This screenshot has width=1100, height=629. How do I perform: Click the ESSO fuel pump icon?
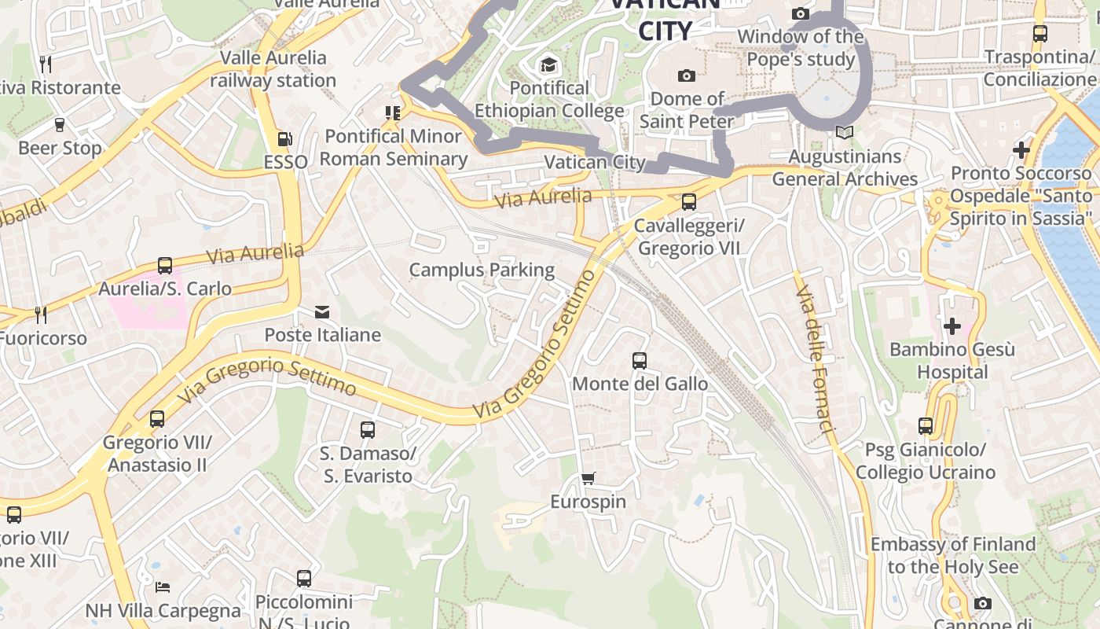(284, 140)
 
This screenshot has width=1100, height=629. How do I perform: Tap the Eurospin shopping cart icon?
(588, 478)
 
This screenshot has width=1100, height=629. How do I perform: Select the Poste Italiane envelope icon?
(322, 312)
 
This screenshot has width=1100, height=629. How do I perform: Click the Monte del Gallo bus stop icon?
(640, 361)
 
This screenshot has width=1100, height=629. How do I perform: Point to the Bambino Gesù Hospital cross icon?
(952, 326)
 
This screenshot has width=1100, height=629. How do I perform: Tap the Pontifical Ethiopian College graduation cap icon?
(548, 64)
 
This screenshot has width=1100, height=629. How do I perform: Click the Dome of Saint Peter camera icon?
(687, 75)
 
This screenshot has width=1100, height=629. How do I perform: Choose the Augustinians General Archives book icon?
(845, 134)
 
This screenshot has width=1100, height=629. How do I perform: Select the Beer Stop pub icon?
(60, 125)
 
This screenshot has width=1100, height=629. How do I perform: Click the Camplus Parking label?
(482, 270)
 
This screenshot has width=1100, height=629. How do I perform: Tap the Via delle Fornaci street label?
(815, 360)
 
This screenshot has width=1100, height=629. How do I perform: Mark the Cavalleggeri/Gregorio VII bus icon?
(689, 202)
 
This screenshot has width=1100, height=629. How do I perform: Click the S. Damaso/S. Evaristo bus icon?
(368, 430)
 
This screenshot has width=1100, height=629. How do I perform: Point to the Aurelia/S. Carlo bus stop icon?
(165, 266)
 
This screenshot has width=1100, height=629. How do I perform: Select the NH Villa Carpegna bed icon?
(163, 587)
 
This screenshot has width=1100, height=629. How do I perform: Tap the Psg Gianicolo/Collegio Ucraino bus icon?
(926, 426)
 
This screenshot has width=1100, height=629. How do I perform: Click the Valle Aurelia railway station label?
(273, 68)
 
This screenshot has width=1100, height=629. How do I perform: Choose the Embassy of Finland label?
(952, 555)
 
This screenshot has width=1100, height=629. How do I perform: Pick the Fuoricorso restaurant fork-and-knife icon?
(41, 315)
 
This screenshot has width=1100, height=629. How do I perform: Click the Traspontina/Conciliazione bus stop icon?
(1040, 34)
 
